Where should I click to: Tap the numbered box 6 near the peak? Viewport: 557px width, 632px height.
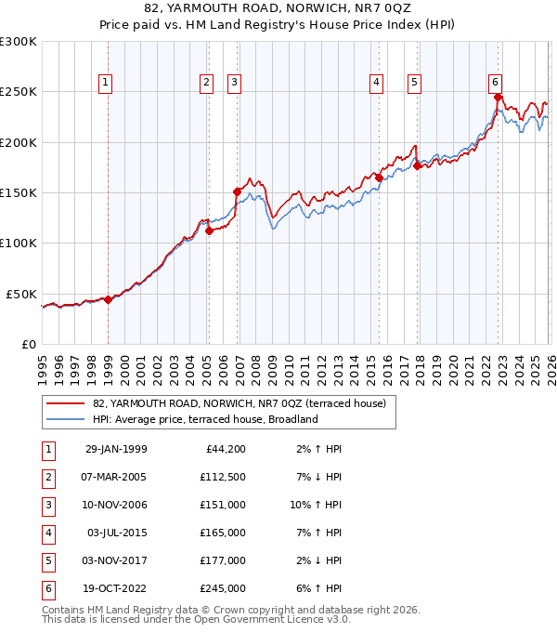[497, 82]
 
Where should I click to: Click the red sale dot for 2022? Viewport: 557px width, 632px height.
[499, 97]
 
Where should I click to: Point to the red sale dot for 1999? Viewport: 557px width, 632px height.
[109, 299]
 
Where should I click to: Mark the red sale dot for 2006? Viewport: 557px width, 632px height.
[237, 191]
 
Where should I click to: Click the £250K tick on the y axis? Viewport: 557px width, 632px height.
[19, 92]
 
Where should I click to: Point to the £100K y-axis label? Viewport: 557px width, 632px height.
[19, 243]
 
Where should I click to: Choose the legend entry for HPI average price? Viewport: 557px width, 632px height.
[205, 419]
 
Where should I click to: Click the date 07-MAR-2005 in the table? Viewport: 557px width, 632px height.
[116, 477]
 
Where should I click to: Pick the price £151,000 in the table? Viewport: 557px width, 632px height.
[224, 505]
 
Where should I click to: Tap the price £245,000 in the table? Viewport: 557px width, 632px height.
[224, 588]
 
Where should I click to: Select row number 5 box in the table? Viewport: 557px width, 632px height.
[47, 560]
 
